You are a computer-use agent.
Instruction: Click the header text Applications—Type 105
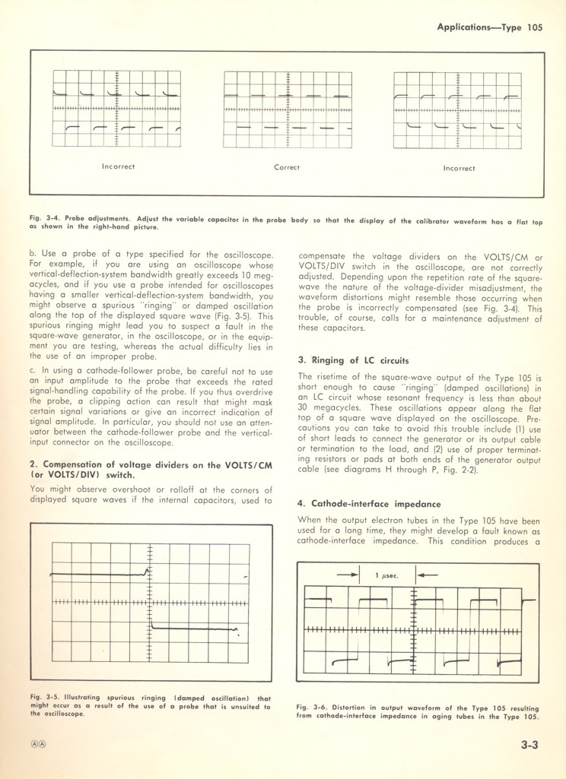(x=489, y=27)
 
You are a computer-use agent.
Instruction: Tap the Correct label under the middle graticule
(x=287, y=167)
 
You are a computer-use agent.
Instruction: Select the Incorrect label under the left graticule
(x=118, y=166)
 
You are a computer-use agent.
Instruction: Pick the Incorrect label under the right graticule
(x=459, y=168)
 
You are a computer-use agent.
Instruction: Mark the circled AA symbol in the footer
(x=37, y=745)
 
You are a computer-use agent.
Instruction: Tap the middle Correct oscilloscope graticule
(x=288, y=110)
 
